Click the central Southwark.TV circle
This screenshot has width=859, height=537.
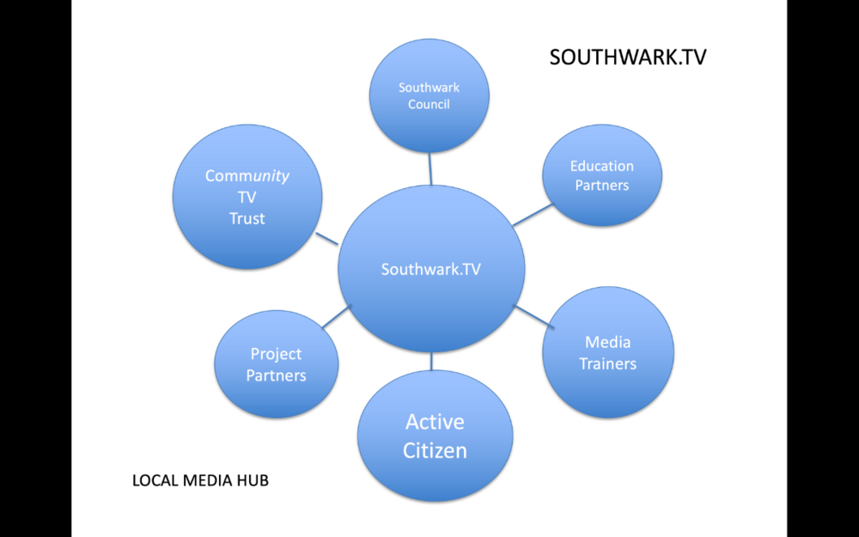point(431,269)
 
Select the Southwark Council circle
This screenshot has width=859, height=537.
point(429,96)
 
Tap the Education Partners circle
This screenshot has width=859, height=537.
point(601,175)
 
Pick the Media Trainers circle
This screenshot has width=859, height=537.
point(608,353)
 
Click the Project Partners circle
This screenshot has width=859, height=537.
point(276,364)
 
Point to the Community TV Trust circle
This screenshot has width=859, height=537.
point(247,197)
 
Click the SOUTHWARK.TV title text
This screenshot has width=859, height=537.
point(628,58)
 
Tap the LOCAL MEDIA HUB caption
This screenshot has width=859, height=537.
point(200,480)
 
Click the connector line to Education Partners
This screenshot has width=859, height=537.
point(533,215)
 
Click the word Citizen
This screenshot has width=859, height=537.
point(436,449)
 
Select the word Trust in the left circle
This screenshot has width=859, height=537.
point(247,218)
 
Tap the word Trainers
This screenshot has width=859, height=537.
point(608,363)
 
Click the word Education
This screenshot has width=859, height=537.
point(601,166)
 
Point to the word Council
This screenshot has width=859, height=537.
point(429,105)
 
